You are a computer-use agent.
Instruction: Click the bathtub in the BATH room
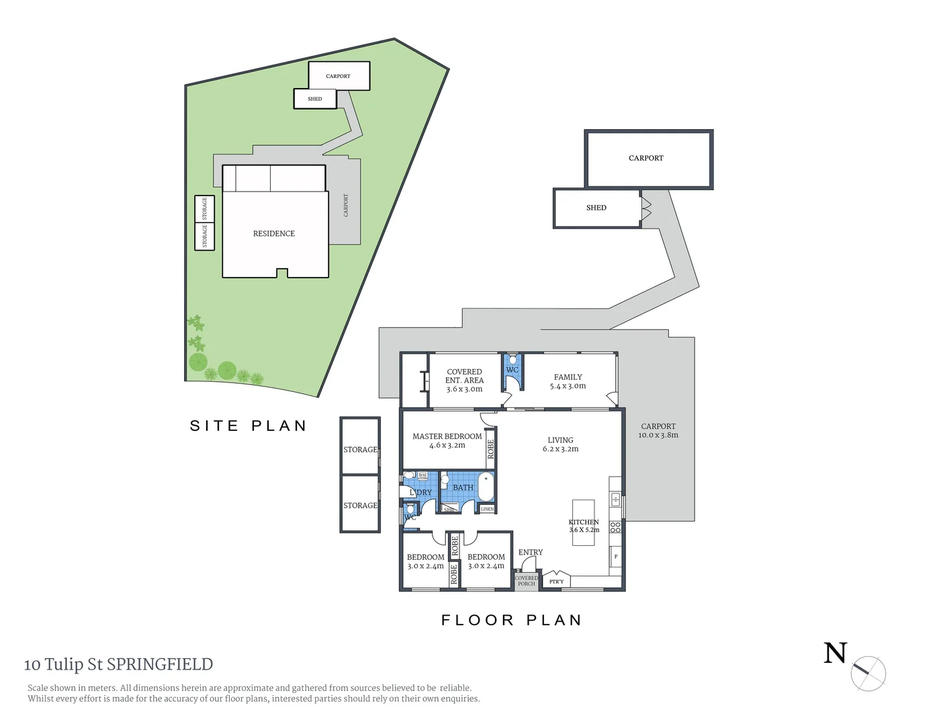tap(486, 487)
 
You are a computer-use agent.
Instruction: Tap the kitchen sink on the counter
tap(615, 499)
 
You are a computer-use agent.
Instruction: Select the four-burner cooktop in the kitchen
tap(615, 528)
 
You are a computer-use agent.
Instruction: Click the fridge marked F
tap(616, 557)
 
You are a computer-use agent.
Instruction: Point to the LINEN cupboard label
tap(488, 509)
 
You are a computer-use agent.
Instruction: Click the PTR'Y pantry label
tap(556, 581)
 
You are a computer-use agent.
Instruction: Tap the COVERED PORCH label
tap(527, 581)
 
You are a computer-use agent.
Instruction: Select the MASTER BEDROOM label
tap(447, 436)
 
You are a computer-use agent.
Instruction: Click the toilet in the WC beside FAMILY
tap(512, 360)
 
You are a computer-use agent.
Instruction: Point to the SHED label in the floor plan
tap(596, 208)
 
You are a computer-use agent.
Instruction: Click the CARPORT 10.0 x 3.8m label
tap(658, 430)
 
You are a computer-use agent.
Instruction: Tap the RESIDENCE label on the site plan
tap(274, 233)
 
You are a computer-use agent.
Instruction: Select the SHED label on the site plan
tap(315, 99)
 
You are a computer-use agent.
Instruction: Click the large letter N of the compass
tap(835, 653)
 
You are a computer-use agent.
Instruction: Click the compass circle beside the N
tap(869, 673)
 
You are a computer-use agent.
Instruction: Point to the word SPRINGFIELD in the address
tap(160, 664)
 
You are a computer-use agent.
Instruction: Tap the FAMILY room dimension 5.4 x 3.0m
tap(568, 386)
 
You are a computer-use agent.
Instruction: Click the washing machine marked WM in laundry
tap(422, 475)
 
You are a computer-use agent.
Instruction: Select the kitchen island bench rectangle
tap(584, 522)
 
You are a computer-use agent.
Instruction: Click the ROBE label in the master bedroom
tap(491, 448)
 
